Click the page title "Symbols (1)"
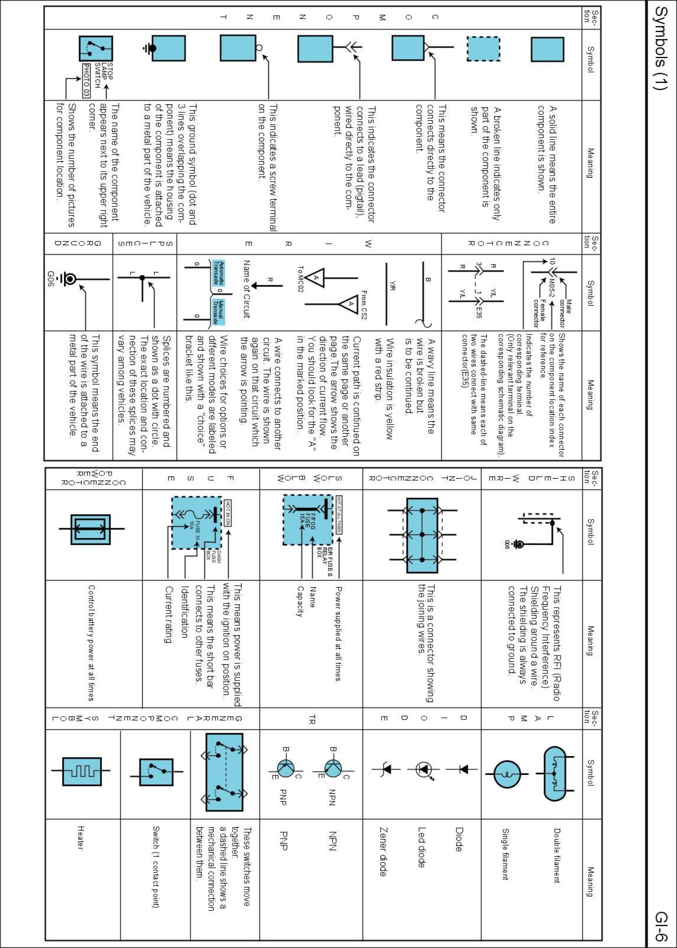[660, 47]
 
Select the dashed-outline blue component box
[484, 49]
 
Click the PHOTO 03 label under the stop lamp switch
[86, 80]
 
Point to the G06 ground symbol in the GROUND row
[70, 279]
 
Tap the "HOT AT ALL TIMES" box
[339, 514]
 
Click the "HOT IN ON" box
[228, 512]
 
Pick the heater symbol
[82, 771]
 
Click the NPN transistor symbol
[333, 768]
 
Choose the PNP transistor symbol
[285, 768]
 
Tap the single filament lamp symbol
[507, 774]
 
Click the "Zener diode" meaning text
[383, 851]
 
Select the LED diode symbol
[423, 769]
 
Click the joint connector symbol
[422, 535]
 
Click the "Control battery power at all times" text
[91, 642]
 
